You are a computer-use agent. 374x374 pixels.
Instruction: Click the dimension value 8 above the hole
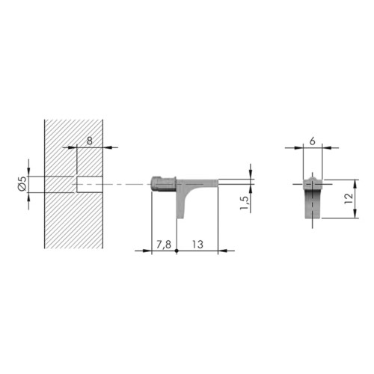click(90, 141)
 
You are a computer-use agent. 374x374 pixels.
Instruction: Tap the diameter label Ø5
click(22, 183)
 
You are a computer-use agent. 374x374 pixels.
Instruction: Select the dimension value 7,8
click(164, 245)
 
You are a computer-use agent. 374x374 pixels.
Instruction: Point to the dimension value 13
click(197, 245)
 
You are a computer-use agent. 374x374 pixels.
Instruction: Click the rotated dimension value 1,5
click(245, 203)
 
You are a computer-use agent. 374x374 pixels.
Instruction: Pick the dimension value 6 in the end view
click(313, 141)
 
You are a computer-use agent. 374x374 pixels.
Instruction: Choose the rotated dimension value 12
click(349, 198)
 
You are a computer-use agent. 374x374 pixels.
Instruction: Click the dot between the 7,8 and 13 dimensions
click(177, 251)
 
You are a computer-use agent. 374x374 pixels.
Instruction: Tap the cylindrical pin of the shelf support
click(163, 184)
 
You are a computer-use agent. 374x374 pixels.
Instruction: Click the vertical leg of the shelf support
click(180, 202)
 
